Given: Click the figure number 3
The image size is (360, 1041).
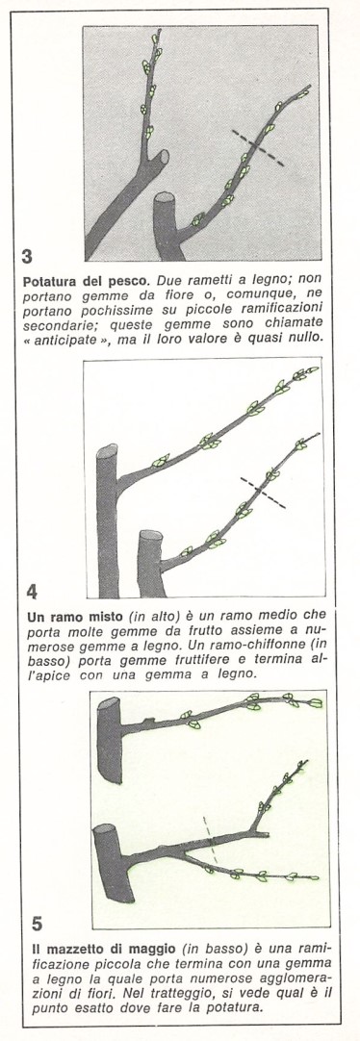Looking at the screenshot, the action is [x=27, y=256].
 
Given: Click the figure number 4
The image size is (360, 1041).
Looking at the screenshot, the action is [x=33, y=591].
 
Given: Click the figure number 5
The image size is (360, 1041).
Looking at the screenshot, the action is [x=38, y=924].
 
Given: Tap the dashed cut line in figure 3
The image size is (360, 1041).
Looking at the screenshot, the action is [x=258, y=148].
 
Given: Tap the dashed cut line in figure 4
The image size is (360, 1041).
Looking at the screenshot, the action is [x=263, y=492].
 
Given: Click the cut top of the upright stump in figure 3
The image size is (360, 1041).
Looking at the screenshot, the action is [x=164, y=198].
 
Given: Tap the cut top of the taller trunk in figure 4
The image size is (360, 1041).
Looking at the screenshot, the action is [x=107, y=450].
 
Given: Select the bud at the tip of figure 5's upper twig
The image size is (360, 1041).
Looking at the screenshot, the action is [x=316, y=703].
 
